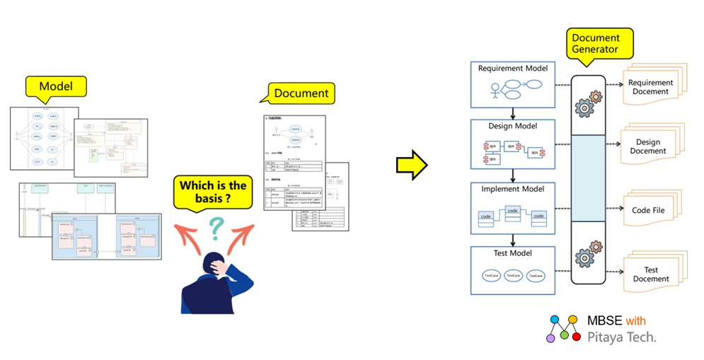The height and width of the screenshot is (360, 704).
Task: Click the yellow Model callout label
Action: (x=56, y=86)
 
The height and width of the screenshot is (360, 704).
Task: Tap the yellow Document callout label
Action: (x=301, y=93)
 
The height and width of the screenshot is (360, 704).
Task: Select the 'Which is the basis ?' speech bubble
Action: (x=213, y=192)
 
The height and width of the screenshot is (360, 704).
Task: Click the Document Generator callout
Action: (x=595, y=44)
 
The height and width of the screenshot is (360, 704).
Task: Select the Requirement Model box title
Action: (x=513, y=69)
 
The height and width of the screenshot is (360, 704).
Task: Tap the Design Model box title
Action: (x=513, y=126)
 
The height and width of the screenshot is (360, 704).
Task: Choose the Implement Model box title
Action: (x=513, y=189)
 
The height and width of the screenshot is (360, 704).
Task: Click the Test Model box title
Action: (x=513, y=252)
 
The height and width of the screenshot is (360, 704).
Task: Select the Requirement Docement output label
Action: (x=650, y=87)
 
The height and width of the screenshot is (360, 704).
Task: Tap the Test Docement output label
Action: (x=650, y=274)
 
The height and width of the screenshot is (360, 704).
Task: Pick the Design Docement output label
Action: (x=648, y=146)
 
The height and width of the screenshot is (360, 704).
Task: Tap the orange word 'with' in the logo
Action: (x=636, y=321)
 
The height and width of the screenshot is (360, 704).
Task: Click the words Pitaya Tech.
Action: (x=622, y=337)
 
